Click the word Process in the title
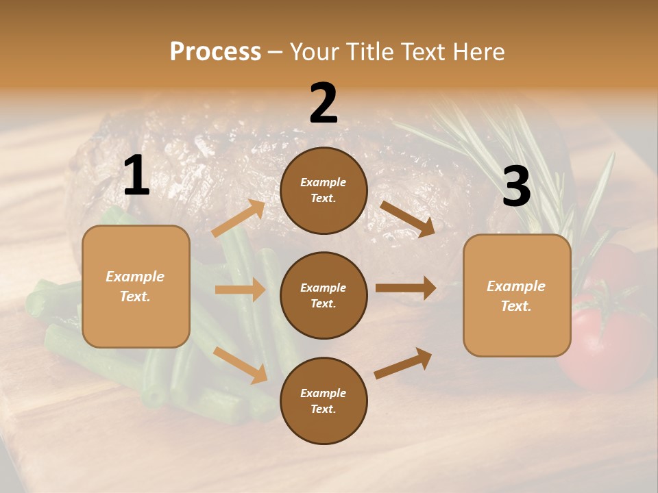[215, 52]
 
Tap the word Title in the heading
[366, 52]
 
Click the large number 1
[136, 176]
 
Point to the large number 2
[324, 104]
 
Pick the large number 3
[516, 186]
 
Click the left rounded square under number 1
[136, 286]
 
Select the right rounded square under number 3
[517, 296]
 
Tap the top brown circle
[324, 190]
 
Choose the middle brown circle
[324, 296]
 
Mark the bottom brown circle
[324, 401]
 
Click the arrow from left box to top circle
[239, 218]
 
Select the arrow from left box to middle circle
[240, 290]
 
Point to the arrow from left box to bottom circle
[241, 365]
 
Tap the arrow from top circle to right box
[407, 219]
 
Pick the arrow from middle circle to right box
[406, 288]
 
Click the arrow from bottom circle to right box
[404, 363]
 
